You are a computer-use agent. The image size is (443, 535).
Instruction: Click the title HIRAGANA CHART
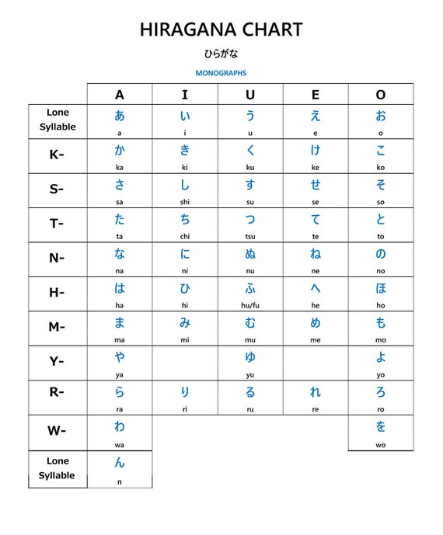[x=221, y=30]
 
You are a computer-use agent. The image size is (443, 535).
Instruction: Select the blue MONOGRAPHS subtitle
[x=221, y=73]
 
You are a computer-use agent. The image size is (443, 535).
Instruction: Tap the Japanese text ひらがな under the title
[x=221, y=54]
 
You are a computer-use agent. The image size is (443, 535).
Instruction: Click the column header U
[x=250, y=95]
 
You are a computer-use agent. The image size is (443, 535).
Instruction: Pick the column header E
[x=316, y=95]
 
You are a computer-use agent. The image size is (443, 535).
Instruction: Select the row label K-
[x=57, y=155]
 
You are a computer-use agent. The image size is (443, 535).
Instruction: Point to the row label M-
[x=57, y=327]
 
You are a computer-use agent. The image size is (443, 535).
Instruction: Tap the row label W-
[x=57, y=431]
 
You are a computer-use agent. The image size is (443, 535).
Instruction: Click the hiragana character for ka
[x=120, y=150]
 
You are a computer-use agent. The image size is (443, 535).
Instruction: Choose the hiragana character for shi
[x=185, y=185]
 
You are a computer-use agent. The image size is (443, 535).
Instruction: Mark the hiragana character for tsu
[x=250, y=219]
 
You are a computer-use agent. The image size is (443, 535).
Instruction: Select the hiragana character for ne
[x=316, y=254]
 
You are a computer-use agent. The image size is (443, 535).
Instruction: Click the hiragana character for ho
[x=381, y=288]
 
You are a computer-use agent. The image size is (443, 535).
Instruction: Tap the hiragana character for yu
[x=250, y=357]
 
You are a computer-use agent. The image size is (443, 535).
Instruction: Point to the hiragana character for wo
[x=381, y=426]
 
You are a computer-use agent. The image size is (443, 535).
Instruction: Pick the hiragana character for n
[x=120, y=463]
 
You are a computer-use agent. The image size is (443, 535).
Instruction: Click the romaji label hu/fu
[x=250, y=306]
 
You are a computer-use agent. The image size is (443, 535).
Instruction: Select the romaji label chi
[x=185, y=237]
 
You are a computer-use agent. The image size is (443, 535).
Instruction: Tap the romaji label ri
[x=185, y=409]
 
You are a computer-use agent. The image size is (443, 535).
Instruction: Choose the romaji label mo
[x=381, y=340]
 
